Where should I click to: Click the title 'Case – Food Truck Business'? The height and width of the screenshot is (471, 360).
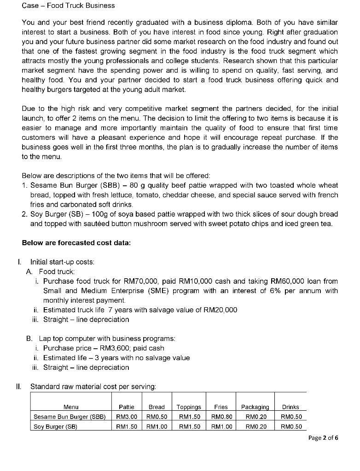pyautogui.click(x=68, y=6)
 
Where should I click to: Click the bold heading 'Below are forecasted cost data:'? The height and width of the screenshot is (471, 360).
pyautogui.click(x=76, y=243)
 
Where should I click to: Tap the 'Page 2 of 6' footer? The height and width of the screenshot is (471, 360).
pyautogui.click(x=323, y=437)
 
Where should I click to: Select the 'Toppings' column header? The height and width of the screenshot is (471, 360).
pyautogui.click(x=189, y=407)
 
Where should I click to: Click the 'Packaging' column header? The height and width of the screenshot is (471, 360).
pyautogui.click(x=255, y=407)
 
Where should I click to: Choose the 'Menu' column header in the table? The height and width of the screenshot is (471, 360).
pyautogui.click(x=71, y=407)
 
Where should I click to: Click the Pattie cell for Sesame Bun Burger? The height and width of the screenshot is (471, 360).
pyautogui.click(x=126, y=417)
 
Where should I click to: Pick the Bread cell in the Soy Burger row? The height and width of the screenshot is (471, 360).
pyautogui.click(x=157, y=426)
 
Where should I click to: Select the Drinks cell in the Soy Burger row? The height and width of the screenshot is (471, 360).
pyautogui.click(x=290, y=426)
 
